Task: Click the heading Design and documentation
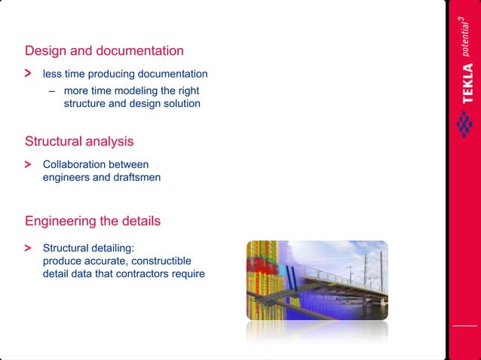[x=104, y=51]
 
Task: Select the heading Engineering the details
[x=92, y=221]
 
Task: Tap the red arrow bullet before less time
[x=28, y=74]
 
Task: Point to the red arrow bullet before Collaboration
[x=28, y=164]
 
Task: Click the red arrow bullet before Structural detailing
[x=28, y=247]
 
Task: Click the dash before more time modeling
[x=52, y=90]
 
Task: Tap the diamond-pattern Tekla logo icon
[x=465, y=124]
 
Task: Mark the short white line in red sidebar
[x=464, y=325]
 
